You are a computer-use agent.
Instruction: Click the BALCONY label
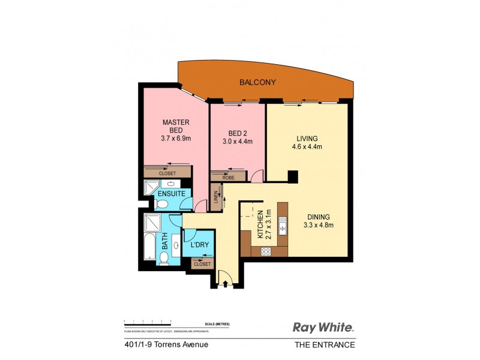pos(257,82)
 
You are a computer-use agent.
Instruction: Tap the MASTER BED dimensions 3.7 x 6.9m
pos(176,139)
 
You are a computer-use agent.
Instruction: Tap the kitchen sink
pos(283,228)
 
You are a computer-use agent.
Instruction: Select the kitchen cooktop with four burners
pos(266,252)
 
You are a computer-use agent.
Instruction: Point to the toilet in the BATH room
pos(164,257)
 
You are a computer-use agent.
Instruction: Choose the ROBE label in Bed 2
pos(228,178)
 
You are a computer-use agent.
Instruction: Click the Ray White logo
pos(323,327)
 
